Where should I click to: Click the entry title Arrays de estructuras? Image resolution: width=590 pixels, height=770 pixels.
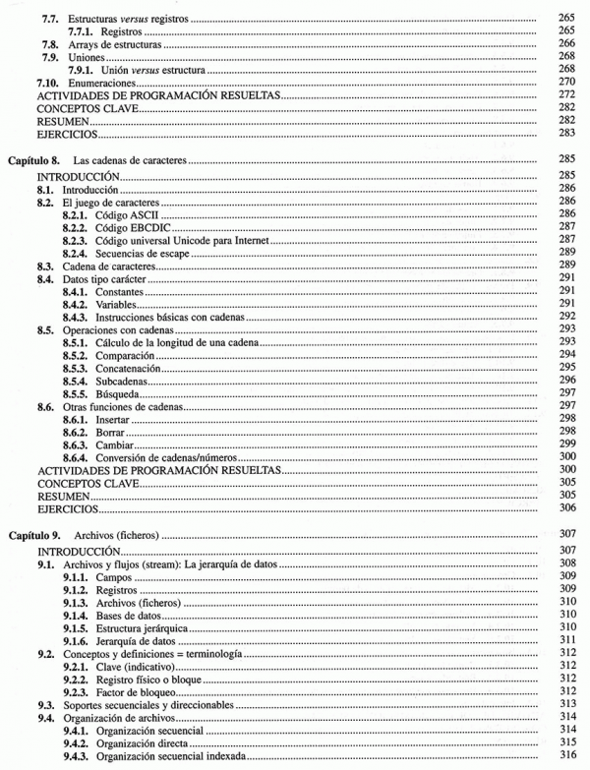click(x=111, y=45)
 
